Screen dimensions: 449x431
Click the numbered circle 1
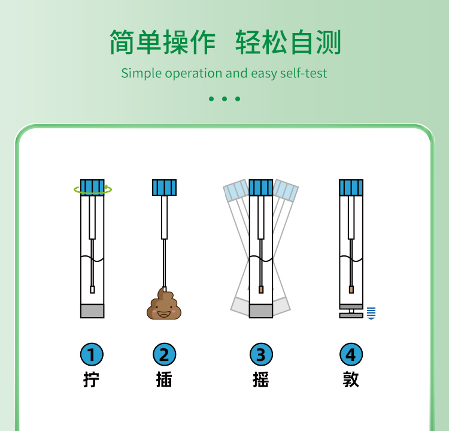pos(92,354)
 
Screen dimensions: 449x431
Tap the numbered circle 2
pos(165,354)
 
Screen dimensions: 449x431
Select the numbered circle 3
pos(261,354)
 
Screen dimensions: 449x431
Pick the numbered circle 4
pos(351,354)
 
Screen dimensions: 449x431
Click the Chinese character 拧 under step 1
pos(92,379)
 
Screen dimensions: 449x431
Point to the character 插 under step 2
pos(164,379)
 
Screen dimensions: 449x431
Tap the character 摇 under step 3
pos(261,379)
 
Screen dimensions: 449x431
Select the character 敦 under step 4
pos(351,379)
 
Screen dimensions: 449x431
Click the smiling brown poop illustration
pos(164,304)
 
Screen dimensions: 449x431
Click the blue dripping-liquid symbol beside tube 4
pos(371,313)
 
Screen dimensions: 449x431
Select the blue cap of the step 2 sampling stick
pos(165,188)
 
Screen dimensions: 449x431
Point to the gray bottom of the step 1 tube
pos(92,311)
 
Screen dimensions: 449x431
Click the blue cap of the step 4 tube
pos(351,188)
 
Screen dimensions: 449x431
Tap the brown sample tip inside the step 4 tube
pos(351,290)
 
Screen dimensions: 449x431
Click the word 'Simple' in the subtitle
pos(141,73)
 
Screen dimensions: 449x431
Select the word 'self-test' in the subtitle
pos(304,73)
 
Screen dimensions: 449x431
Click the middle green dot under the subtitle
pos(224,99)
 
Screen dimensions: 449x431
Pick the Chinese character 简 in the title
pos(122,42)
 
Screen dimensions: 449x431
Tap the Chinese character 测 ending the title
pos(329,42)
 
